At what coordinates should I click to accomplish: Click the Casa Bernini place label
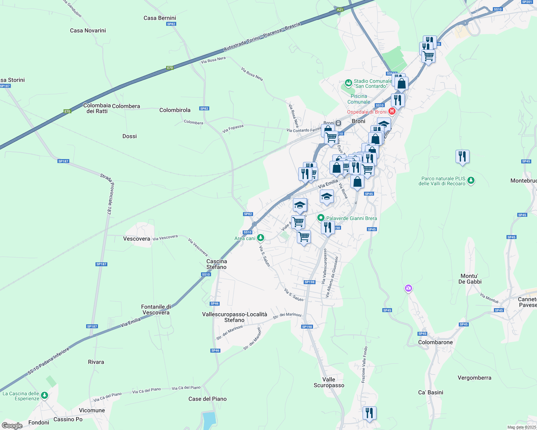[x=160, y=18]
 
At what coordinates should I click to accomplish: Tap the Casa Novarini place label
[x=88, y=30]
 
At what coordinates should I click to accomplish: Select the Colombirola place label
[x=175, y=110]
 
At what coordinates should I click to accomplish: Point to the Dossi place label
[x=130, y=136]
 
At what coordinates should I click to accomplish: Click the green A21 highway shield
[x=340, y=10]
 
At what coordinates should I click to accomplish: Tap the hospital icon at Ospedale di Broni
[x=392, y=111]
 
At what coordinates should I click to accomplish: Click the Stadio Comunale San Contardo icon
[x=348, y=83]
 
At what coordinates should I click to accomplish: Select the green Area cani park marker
[x=261, y=238]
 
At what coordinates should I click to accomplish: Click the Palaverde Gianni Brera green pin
[x=321, y=218]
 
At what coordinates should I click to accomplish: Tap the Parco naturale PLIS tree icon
[x=471, y=181]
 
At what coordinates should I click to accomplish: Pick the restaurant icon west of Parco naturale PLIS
[x=462, y=157]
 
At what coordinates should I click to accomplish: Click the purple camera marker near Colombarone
[x=408, y=288]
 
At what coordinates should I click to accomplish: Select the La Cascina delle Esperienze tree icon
[x=44, y=395]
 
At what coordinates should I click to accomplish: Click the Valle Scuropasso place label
[x=329, y=382]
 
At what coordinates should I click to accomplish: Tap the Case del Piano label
[x=207, y=399]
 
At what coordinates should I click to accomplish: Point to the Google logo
[x=12, y=425]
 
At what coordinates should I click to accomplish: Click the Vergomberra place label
[x=474, y=378]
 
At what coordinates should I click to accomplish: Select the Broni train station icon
[x=338, y=123]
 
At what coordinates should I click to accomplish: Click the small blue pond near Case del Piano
[x=209, y=420]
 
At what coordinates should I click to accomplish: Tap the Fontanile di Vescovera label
[x=156, y=310]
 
